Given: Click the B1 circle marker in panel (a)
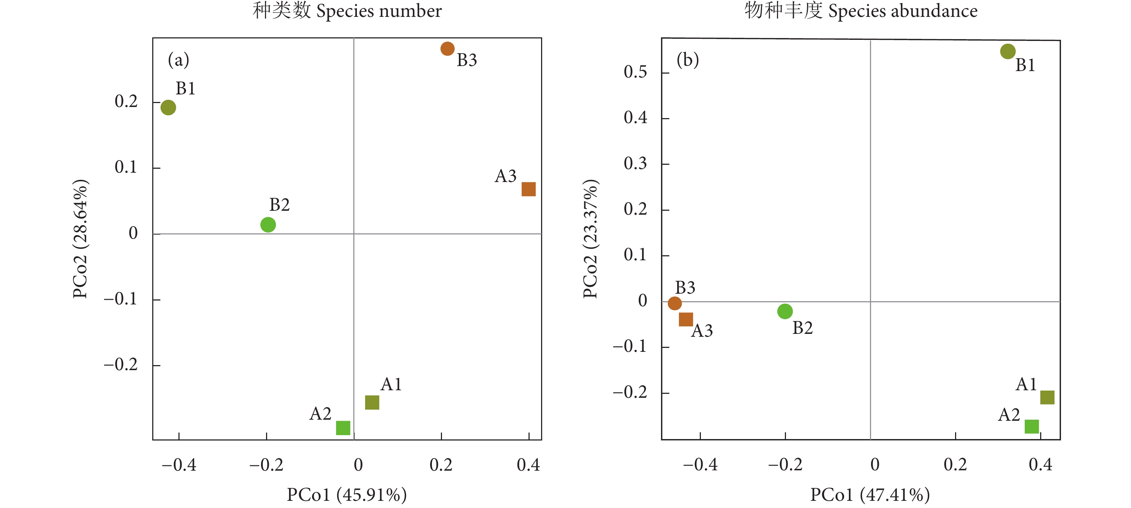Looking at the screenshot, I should point(168,107).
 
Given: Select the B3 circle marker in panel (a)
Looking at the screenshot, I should point(447,49).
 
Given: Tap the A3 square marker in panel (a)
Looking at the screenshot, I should point(528,189).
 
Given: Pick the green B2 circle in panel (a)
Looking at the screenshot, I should point(268,225).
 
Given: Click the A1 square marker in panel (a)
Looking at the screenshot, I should point(372,402).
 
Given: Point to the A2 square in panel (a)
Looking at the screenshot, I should point(343,428).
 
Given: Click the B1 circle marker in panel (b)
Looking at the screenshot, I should point(1007,51).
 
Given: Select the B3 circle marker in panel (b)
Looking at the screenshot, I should point(674,303).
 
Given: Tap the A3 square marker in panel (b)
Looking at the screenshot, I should point(685,319).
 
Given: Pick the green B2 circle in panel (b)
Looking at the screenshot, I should point(785,311).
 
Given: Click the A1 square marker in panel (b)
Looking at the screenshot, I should point(1047,397).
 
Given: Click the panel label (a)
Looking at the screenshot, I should point(178,60).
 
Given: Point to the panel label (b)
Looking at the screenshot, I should point(688,60).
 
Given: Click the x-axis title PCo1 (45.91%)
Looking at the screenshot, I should point(347,494).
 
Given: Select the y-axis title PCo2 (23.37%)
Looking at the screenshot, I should point(591,239).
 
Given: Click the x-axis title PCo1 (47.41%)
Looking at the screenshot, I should point(870,494).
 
